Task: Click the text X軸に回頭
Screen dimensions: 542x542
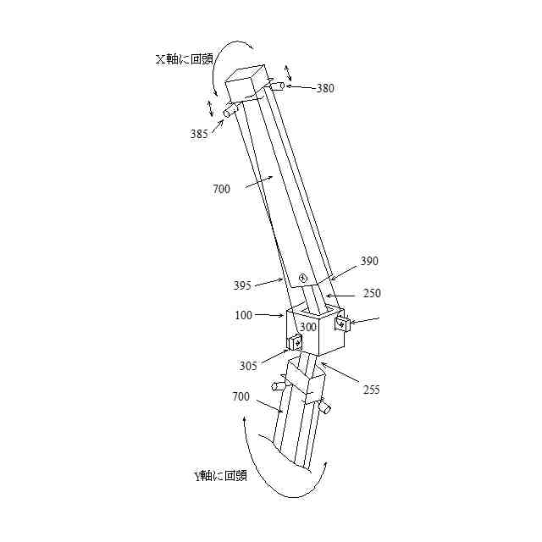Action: point(184,60)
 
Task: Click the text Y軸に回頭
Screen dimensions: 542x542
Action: point(220,475)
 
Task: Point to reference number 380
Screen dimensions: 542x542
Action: point(324,87)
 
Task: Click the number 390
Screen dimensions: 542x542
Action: point(370,262)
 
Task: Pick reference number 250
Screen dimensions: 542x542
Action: point(371,293)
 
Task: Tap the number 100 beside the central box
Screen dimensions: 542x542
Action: point(244,315)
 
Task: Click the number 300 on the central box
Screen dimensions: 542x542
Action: point(307,327)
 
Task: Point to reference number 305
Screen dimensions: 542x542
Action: point(248,367)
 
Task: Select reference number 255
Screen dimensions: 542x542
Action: point(370,390)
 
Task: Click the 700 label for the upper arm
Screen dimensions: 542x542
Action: point(222,189)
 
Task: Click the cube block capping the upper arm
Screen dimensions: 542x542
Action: point(246,85)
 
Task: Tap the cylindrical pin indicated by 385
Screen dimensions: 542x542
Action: point(231,111)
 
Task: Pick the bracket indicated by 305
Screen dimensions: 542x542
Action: point(296,341)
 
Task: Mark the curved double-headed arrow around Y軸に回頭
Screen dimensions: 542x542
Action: point(279,474)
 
